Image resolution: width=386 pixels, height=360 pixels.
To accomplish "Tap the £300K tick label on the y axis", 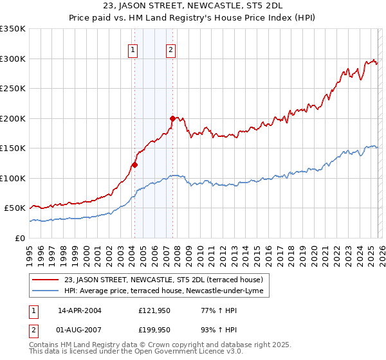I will (13, 59).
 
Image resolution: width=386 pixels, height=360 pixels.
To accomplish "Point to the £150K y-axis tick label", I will (13, 148).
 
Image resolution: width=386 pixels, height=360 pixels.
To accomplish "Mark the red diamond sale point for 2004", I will (134, 165).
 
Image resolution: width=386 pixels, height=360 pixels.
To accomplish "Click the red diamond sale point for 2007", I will (172, 118).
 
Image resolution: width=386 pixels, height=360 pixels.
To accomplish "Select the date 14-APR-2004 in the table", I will (80, 310).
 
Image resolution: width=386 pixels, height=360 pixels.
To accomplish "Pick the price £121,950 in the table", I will (154, 310).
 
